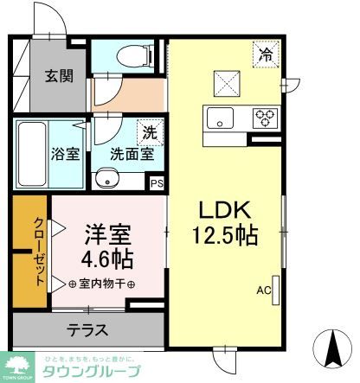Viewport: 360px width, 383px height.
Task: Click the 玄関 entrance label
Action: (59, 74)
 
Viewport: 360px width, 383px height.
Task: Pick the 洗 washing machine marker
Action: (151, 132)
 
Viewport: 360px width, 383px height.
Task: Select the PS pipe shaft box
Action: (157, 183)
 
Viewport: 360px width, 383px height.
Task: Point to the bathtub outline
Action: (30, 156)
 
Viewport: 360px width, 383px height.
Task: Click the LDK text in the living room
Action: (226, 211)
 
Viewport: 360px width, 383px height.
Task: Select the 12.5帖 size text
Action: (227, 236)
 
